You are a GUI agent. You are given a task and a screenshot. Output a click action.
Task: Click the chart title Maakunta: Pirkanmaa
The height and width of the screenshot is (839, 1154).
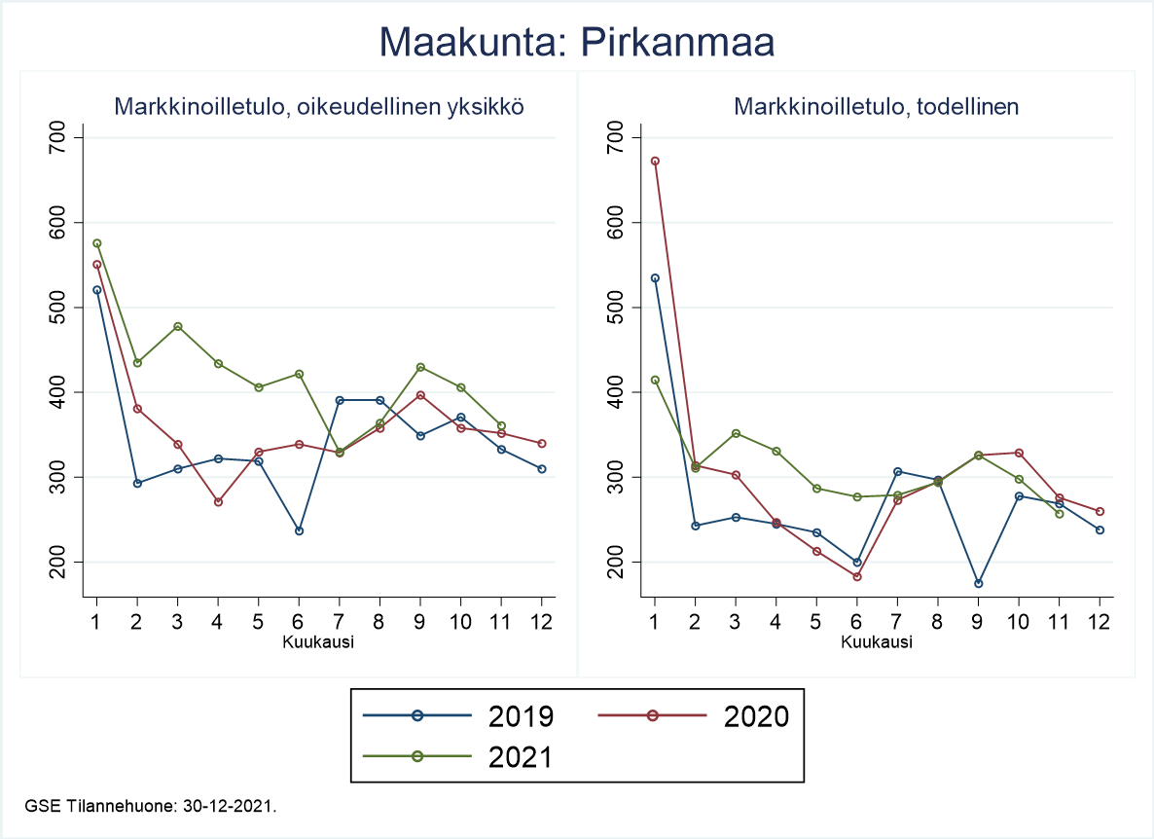[576, 42]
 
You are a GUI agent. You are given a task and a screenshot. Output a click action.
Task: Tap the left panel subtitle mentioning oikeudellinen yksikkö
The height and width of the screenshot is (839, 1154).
[319, 107]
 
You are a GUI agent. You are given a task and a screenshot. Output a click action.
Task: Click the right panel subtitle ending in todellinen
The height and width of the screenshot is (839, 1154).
[876, 107]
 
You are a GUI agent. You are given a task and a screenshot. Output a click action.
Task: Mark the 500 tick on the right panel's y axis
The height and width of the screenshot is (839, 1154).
[615, 308]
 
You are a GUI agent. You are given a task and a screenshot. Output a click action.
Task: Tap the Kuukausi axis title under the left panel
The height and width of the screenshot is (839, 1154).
[318, 642]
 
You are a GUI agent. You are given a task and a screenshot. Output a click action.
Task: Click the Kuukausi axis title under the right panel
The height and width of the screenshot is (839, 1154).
[877, 642]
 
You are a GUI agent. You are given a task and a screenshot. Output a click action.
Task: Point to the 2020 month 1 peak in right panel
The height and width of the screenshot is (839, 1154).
[655, 161]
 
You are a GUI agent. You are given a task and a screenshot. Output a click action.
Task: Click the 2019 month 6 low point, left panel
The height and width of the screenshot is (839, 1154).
[299, 530]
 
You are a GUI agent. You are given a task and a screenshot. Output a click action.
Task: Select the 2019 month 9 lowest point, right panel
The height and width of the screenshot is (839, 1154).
[978, 583]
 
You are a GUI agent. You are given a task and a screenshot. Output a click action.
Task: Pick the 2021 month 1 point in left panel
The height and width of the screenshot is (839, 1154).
[96, 243]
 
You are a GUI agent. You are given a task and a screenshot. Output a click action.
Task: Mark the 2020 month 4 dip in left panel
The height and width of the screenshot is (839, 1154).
[218, 502]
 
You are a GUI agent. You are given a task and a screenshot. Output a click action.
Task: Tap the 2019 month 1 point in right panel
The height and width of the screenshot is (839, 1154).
[655, 277]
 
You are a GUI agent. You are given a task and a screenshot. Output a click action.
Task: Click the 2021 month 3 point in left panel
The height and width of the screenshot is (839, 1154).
[178, 326]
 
